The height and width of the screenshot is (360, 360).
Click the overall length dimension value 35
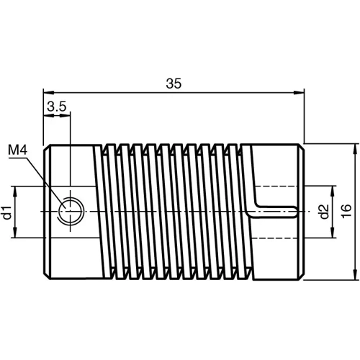click(173, 84)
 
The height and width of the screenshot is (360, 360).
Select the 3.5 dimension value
click(56, 107)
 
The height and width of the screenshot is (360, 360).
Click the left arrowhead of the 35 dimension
click(48, 92)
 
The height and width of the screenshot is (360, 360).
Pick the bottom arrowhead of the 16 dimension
click(355, 274)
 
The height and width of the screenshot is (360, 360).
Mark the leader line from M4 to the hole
click(45, 180)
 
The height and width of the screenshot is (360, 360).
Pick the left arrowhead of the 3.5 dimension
click(48, 115)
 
